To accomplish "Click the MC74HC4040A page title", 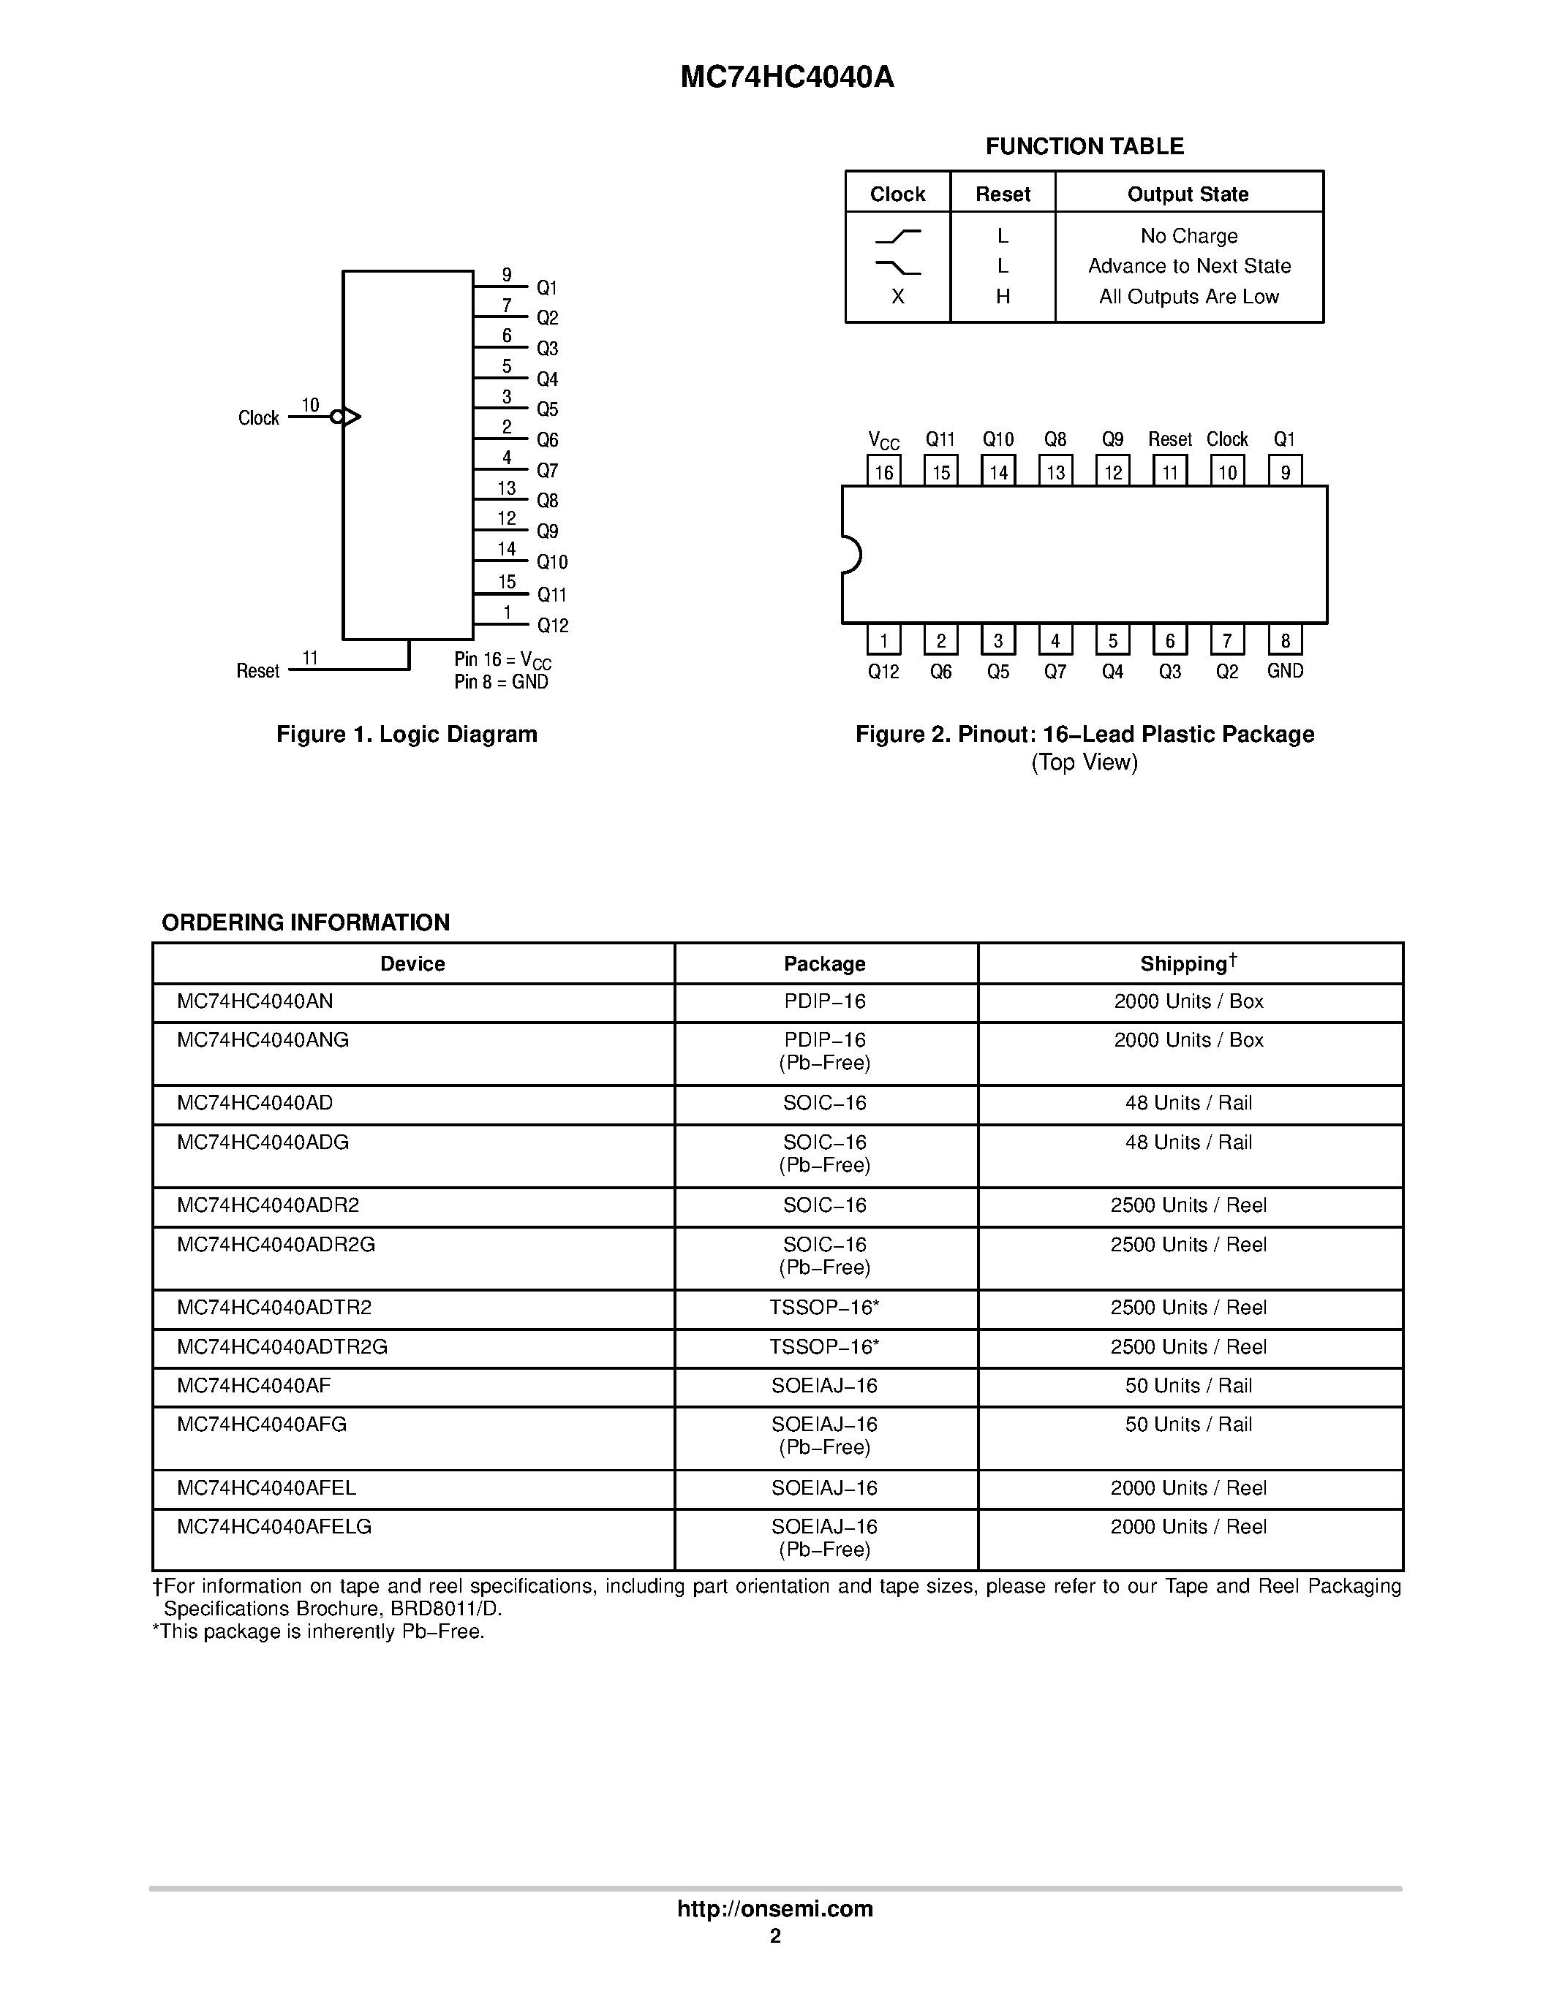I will click(787, 77).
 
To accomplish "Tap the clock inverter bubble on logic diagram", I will click(336, 417).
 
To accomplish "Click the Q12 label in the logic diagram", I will click(552, 626).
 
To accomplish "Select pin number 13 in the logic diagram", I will click(506, 488).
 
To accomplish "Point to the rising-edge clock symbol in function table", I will click(897, 237).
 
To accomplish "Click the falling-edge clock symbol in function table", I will click(897, 267).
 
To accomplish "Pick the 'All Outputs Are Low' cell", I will click(1188, 296).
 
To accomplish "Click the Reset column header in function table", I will click(1003, 194).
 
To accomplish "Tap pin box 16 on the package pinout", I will click(884, 472).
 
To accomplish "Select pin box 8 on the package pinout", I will click(1285, 640).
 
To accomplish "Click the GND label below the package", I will click(1285, 671).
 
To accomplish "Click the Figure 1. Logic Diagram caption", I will click(407, 735).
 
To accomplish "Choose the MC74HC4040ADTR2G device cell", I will click(282, 1346).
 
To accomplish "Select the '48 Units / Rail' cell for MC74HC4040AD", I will click(1188, 1102).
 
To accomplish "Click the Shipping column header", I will click(1188, 963).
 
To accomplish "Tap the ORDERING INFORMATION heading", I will click(306, 922).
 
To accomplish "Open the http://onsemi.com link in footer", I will click(775, 1908).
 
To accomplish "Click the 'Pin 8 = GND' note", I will click(501, 682).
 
